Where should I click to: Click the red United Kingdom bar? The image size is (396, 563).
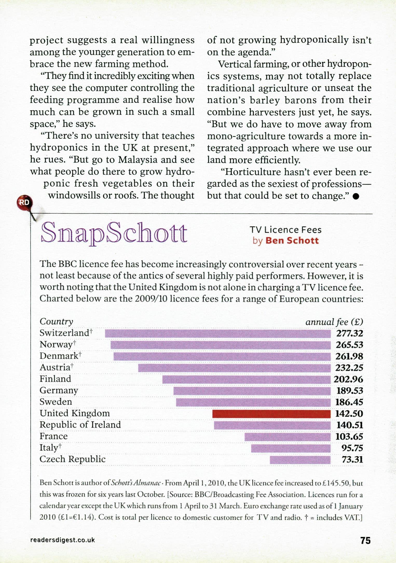271,414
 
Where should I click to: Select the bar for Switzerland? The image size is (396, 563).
218,333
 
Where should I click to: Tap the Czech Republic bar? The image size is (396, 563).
300,460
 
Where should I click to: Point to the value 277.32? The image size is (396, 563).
349,333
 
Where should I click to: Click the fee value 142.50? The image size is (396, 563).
349,414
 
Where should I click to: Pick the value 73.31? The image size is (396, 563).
352,460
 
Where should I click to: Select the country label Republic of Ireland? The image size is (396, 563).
80,425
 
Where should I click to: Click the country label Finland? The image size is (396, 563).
55,379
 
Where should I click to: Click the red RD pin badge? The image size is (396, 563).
24,202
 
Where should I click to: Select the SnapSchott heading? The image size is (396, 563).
114,233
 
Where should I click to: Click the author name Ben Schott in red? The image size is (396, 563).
292,241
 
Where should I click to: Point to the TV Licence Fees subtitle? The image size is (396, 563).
285,230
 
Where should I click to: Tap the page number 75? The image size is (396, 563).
365,540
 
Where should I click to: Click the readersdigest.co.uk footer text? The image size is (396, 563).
63,540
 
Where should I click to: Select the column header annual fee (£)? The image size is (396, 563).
334,322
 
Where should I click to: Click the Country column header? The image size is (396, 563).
56,322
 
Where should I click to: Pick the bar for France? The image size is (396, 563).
287,437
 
